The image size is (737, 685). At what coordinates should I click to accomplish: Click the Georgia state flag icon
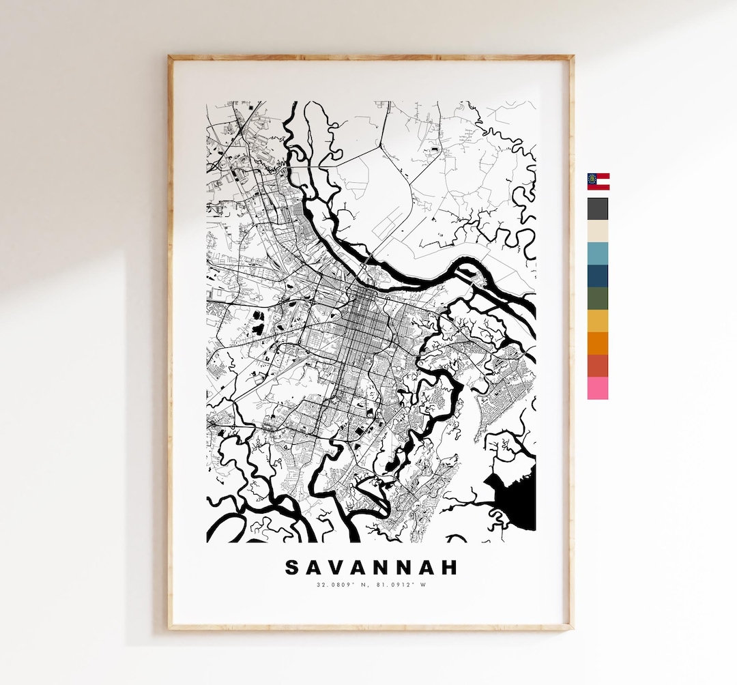pos(598,181)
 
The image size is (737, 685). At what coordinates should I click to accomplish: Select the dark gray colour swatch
pos(598,209)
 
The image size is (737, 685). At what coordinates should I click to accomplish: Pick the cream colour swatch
pos(598,231)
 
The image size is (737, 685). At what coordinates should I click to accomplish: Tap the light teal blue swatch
pos(598,253)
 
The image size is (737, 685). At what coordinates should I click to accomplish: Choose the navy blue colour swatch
pos(598,276)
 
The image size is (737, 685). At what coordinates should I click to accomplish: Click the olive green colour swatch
pos(598,298)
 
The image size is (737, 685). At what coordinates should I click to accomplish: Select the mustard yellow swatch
pos(598,321)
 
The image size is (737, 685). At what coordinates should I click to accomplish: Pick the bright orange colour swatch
pos(598,343)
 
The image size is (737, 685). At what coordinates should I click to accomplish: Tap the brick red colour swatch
pos(598,366)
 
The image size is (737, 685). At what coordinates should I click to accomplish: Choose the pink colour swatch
pos(598,388)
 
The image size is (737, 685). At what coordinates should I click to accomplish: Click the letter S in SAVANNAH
pos(291,568)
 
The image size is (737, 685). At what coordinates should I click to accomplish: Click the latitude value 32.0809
pos(330,585)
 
